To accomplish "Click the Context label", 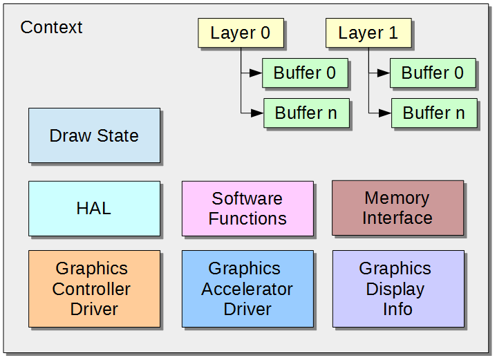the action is coord(51,27).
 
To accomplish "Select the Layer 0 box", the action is coord(241,33).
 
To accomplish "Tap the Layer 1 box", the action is coord(368,33).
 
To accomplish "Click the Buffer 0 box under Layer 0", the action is coord(305,73).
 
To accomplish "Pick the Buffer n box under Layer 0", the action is coord(306,113).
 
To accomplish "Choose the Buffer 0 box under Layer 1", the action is coord(433,73).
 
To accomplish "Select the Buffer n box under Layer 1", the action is coord(434,113).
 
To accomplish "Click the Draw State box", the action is coord(95,135).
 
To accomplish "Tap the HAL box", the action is coord(95,209).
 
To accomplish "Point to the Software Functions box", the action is coord(247,209).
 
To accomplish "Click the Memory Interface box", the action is coord(397,208).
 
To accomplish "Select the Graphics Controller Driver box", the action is coord(95,289).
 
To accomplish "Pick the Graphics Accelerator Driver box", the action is coord(247,289).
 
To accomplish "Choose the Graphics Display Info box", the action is coord(398,289).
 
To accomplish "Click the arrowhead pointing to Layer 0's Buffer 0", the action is coord(256,73).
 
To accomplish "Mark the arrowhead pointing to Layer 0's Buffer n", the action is coord(257,113).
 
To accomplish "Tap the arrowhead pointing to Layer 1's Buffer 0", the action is coord(384,73).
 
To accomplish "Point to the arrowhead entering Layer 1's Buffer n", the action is coord(385,113).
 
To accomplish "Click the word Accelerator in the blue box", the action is coord(247,289).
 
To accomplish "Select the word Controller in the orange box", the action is coord(91,289).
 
